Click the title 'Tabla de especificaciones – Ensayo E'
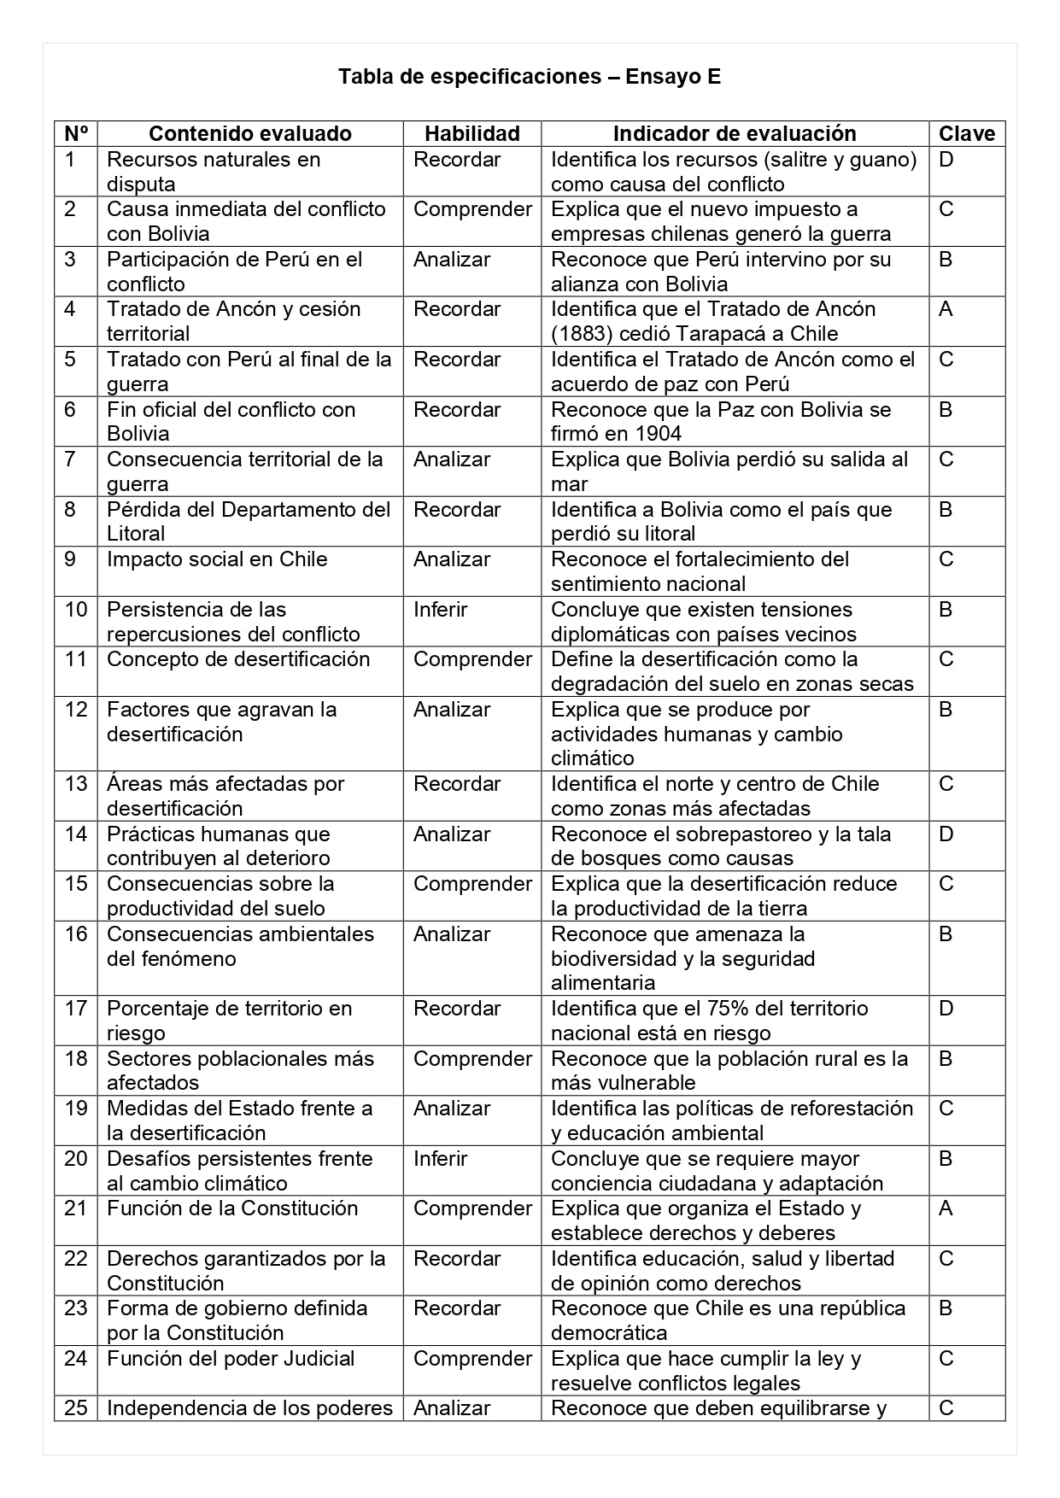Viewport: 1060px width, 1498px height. click(x=530, y=77)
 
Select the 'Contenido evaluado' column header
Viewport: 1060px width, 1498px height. click(x=250, y=133)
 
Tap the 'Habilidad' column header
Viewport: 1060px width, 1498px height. click(x=472, y=133)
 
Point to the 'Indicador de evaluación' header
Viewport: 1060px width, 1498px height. click(x=735, y=133)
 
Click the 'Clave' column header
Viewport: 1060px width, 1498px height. click(x=967, y=133)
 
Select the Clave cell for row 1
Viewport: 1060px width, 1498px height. click(x=946, y=160)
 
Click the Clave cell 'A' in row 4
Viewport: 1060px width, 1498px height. click(x=946, y=309)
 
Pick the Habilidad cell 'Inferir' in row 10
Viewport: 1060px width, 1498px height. click(x=441, y=610)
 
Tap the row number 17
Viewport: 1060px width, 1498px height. click(x=76, y=1009)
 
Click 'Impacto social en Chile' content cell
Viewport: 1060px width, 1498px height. click(x=217, y=559)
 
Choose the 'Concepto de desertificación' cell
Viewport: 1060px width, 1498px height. click(x=238, y=659)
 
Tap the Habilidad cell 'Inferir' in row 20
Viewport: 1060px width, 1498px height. click(x=441, y=1159)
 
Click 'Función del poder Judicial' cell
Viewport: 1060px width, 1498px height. click(x=231, y=1359)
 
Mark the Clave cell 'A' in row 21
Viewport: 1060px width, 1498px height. click(x=946, y=1208)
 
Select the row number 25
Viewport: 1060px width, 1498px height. click(x=76, y=1408)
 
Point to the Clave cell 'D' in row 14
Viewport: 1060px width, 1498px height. click(x=946, y=834)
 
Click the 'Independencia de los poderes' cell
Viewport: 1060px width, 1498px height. click(x=249, y=1408)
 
